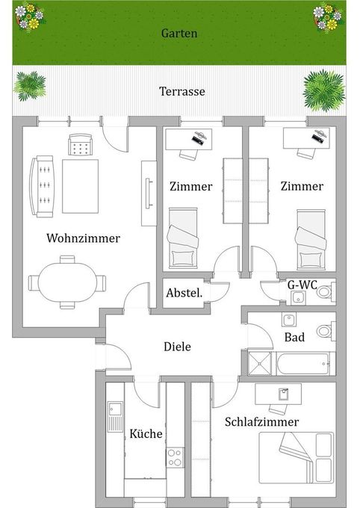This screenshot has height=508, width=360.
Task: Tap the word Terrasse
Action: click(x=181, y=92)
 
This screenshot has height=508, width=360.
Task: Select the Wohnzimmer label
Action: click(x=83, y=239)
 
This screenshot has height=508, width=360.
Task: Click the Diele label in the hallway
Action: click(x=177, y=347)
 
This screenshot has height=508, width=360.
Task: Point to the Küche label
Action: click(x=146, y=434)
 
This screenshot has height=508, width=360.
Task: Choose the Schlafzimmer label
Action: click(x=261, y=422)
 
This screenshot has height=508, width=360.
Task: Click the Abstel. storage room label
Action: click(x=184, y=293)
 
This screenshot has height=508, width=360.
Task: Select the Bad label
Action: click(x=294, y=337)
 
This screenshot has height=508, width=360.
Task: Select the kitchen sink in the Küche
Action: click(x=114, y=415)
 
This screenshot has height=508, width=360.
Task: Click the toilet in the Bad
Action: click(x=324, y=331)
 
